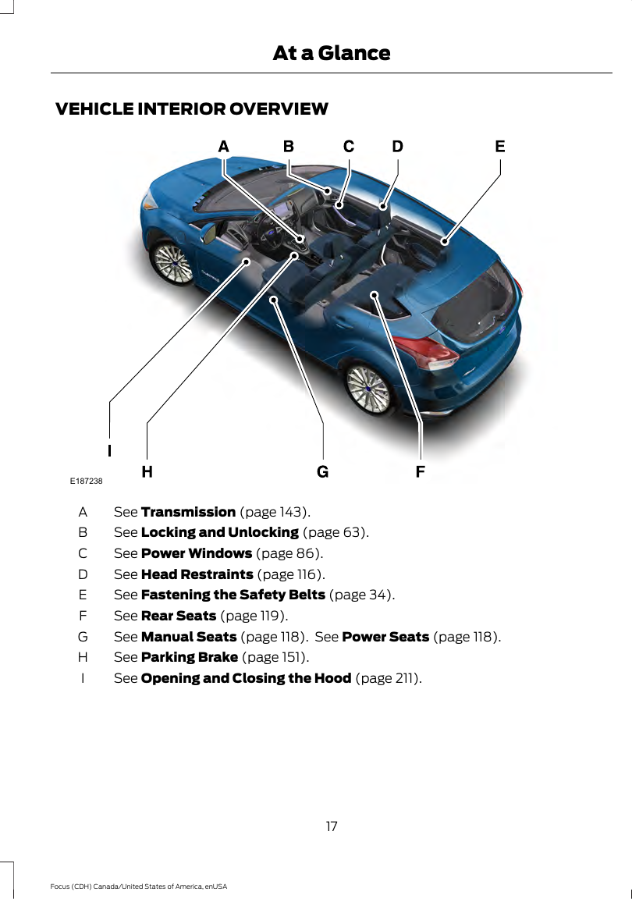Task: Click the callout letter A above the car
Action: coord(224,147)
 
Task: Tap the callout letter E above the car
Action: coord(500,147)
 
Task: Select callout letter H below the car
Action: coord(147,471)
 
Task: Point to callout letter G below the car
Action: coord(322,471)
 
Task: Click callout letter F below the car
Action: coord(421,471)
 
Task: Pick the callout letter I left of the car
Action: coord(110,450)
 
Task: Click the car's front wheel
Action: coord(172,262)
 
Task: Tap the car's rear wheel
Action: coord(367,386)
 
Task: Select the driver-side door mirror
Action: coord(208,233)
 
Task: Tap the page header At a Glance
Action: coord(331,53)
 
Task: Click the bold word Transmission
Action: coord(188,513)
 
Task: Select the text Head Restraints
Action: coord(197,574)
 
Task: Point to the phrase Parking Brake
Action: coord(190,657)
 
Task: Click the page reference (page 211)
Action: coord(389,678)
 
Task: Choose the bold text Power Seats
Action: coord(385,637)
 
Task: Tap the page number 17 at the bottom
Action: coord(332,826)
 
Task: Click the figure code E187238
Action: coord(87,481)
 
